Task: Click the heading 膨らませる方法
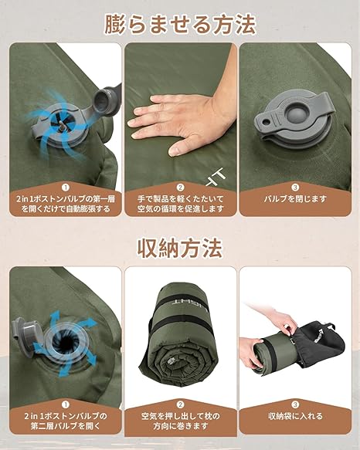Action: pos(180,25)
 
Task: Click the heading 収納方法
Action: pos(180,249)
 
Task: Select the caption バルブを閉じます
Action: pos(295,198)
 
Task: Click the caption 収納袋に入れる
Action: pos(295,416)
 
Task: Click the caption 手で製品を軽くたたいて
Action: pos(180,198)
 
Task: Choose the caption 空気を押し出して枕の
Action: pos(180,416)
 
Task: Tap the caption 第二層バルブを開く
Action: pos(66,426)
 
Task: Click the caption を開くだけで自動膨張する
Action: pos(66,208)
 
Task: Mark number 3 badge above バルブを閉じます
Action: pos(295,188)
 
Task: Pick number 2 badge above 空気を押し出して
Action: pos(180,404)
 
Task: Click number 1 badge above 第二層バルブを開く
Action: pos(66,404)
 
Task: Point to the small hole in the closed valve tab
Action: pos(267,122)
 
